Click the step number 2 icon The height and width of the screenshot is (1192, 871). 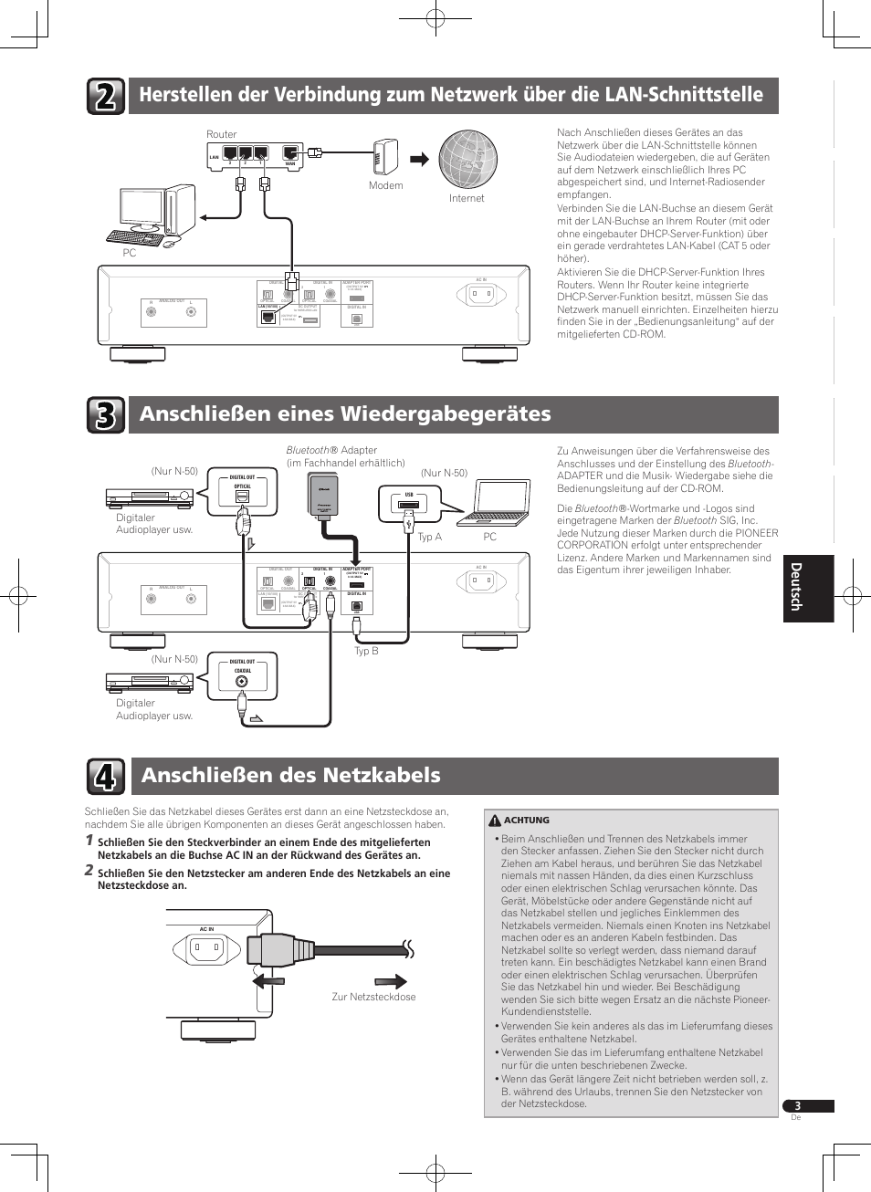point(106,96)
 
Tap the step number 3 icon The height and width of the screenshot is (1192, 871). point(106,415)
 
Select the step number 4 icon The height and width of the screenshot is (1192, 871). point(106,777)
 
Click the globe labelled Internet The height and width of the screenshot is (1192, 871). point(467,159)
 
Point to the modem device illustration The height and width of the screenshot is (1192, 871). point(386,156)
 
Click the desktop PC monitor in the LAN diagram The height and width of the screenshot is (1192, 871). point(143,212)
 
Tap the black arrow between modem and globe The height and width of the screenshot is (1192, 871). point(419,159)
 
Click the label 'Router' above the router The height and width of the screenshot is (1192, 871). point(221,134)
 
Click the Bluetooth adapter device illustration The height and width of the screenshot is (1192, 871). point(324,497)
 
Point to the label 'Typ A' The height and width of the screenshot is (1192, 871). point(429,537)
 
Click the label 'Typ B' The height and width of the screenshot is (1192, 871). point(366,651)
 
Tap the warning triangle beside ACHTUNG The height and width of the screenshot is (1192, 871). point(495,821)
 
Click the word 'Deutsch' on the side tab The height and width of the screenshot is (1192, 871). point(796,587)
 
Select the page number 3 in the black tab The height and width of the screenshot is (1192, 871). point(797,1106)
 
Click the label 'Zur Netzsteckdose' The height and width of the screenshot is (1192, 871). point(373,997)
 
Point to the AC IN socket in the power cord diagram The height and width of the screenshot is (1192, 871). point(207,950)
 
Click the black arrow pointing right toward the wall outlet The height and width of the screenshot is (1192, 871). point(391,982)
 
